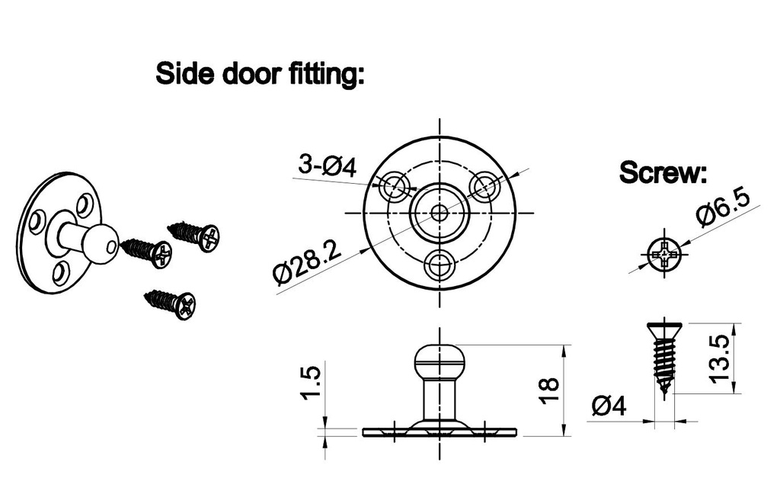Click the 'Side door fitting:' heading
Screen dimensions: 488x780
point(261,74)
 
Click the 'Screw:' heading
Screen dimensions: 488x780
point(663,173)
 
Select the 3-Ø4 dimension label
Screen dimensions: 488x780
point(328,166)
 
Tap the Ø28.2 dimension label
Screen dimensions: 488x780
point(308,262)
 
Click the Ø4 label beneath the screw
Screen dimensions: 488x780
point(609,406)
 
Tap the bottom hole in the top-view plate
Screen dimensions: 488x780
point(440,264)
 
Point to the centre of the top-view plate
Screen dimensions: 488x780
point(440,212)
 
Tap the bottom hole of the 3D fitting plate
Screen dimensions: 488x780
point(59,272)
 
